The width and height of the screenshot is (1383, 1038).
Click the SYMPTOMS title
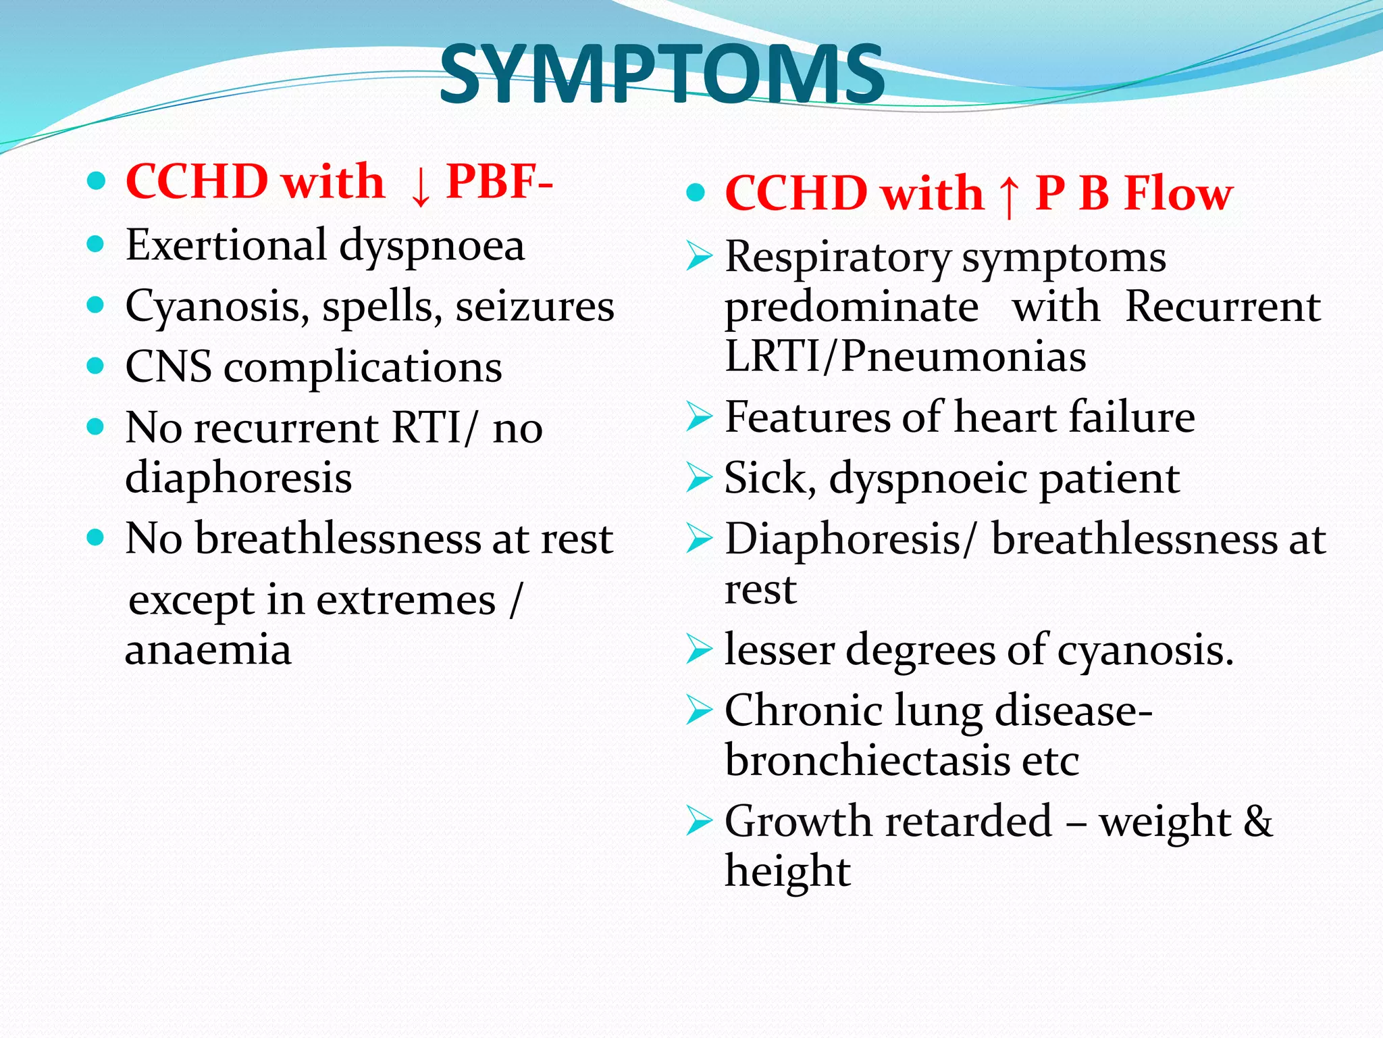(662, 74)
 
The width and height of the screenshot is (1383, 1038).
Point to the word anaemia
(208, 649)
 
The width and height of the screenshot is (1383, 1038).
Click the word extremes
(405, 600)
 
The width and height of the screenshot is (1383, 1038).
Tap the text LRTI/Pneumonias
(905, 356)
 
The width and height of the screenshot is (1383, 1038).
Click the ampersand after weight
(1257, 821)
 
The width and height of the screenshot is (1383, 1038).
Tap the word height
(787, 871)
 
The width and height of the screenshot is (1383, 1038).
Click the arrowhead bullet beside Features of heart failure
(699, 416)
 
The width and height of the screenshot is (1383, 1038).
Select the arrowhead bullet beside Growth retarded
(699, 820)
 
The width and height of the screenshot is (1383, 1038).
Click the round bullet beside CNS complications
(96, 366)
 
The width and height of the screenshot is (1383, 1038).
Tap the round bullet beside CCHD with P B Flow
(695, 193)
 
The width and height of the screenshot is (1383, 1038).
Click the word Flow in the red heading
(1178, 193)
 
